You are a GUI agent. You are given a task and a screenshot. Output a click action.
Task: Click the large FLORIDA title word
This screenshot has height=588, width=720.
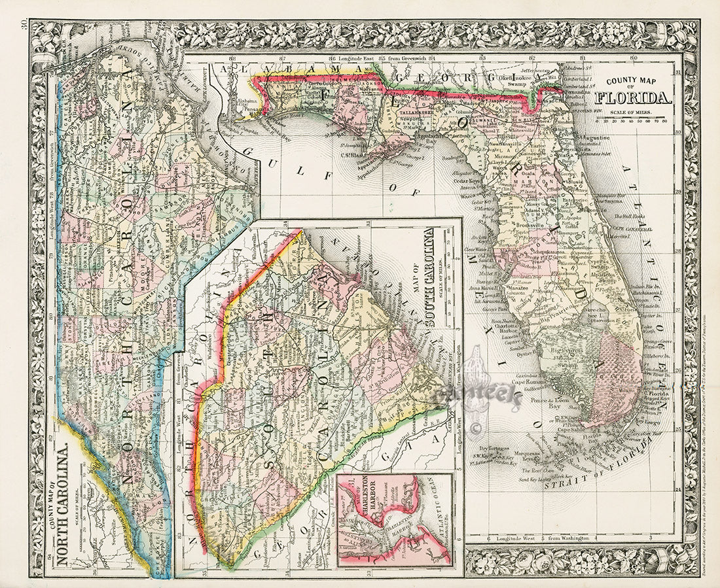click(x=632, y=99)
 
